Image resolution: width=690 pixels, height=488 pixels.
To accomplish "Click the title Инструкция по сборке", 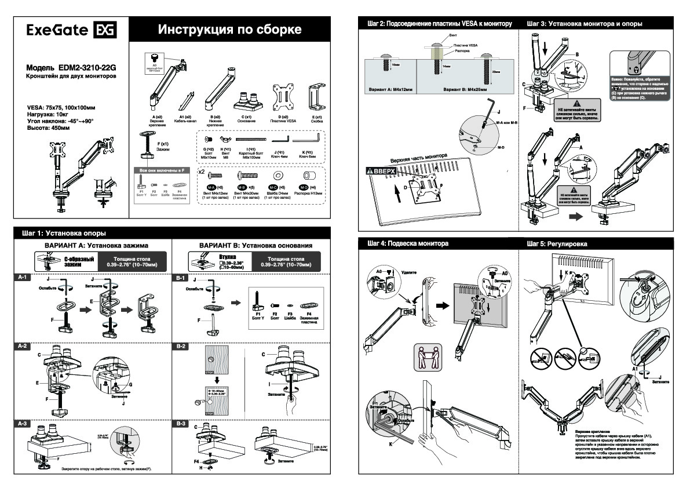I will pos(230,30).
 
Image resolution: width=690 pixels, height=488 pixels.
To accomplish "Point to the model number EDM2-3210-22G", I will pos(87,68).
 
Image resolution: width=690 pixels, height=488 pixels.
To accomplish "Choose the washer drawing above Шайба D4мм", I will pos(278,175).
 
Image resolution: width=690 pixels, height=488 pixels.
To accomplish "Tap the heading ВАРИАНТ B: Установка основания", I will pos(255,246).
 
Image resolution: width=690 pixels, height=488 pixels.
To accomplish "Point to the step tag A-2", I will pos(23,346).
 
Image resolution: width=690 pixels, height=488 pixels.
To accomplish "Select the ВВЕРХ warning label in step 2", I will pos(381,171).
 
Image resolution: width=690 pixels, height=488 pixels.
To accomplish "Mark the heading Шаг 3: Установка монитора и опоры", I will pos(585,24).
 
